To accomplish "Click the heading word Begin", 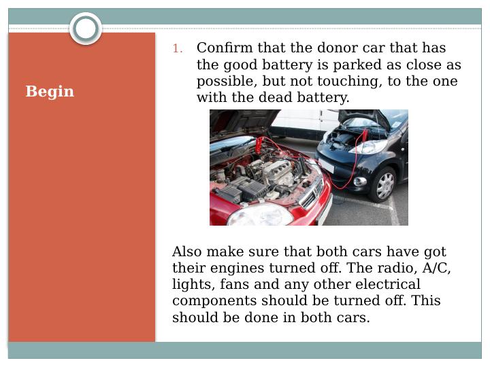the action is (x=50, y=92).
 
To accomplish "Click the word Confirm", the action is (x=225, y=48).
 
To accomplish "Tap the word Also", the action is (x=187, y=251).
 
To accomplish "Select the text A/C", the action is (x=436, y=268).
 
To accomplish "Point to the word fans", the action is (x=234, y=284).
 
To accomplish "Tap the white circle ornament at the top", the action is (x=86, y=29).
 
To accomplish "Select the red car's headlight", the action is (x=260, y=215).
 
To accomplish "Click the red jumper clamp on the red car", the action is (x=258, y=145).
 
